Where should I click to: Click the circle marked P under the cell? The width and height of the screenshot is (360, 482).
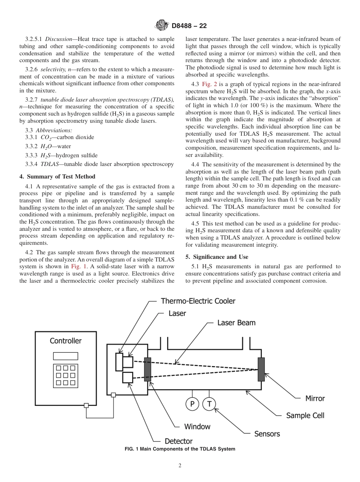coord(192,404)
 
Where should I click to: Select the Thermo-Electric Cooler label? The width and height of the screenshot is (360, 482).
coord(198,301)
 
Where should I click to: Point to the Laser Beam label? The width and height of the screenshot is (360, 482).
coord(236,323)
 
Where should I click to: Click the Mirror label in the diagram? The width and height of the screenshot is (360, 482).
coord(315,398)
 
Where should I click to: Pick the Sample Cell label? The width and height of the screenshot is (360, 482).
coord(305,415)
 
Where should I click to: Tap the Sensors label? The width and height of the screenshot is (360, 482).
coord(267,434)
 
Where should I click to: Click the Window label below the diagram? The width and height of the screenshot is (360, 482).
coord(197,427)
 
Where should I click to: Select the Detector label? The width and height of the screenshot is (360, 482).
coord(178,441)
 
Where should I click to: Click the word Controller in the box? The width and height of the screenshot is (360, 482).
coord(66,341)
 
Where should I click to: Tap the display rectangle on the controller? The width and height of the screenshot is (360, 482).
coord(66,356)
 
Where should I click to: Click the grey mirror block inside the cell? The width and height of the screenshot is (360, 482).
coord(261,369)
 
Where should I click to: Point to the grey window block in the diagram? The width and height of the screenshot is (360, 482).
coord(147,369)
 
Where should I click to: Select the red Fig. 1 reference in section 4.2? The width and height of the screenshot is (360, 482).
coord(79,266)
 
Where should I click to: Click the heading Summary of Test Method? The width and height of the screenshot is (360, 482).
coord(57,177)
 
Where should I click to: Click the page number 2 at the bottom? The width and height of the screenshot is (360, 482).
coord(180,466)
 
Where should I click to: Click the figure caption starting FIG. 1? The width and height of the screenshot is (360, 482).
coord(180,449)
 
